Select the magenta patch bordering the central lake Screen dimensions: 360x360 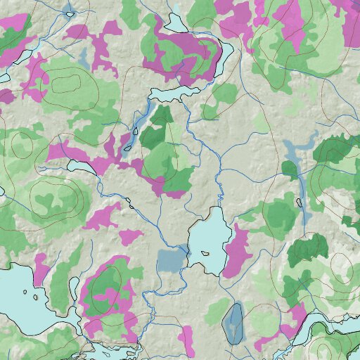(238, 250)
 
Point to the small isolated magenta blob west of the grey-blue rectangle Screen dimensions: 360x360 (129, 236)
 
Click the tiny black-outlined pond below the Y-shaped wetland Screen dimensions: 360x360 (300, 202)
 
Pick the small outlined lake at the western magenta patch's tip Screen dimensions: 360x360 (79, 167)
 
